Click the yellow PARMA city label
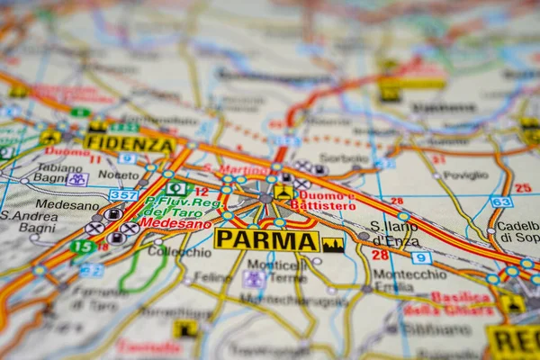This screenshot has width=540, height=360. coord(266,240)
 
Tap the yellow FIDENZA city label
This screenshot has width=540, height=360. coord(130,144)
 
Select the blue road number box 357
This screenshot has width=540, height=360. coord(123,194)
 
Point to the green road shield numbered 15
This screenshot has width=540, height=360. coord(83,246)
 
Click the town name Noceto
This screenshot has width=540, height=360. coord(118,174)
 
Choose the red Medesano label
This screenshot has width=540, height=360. coord(175,223)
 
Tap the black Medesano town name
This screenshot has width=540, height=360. coord(67,205)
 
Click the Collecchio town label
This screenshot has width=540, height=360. coord(179,252)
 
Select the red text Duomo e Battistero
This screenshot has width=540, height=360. coord(326,200)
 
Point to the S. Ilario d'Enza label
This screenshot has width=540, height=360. coord(395,233)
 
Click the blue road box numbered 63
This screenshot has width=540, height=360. coord(501,202)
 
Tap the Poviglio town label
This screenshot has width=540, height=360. coord(465,175)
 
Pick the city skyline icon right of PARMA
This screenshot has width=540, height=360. coord(333,244)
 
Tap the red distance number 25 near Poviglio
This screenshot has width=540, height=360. coord(523,188)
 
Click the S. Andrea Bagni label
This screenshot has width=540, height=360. coord(29,221)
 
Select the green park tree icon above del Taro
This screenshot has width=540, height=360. coord(176,188)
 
